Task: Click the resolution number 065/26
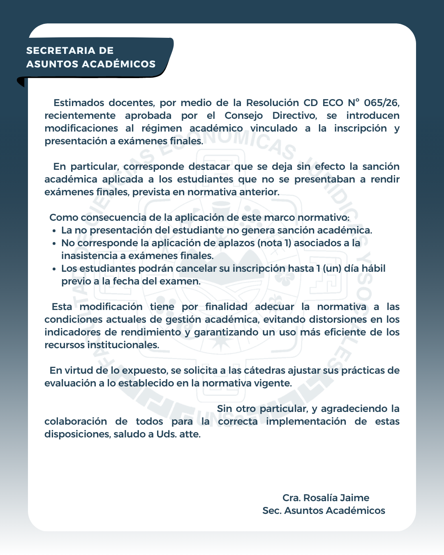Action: point(382,103)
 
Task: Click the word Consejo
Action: point(243,116)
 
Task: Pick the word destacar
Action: point(209,166)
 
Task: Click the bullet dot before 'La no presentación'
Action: point(54,231)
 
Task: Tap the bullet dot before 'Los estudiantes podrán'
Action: point(54,269)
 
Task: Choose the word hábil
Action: point(373,268)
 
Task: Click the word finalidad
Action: point(226,307)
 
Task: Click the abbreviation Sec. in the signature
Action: point(272,511)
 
